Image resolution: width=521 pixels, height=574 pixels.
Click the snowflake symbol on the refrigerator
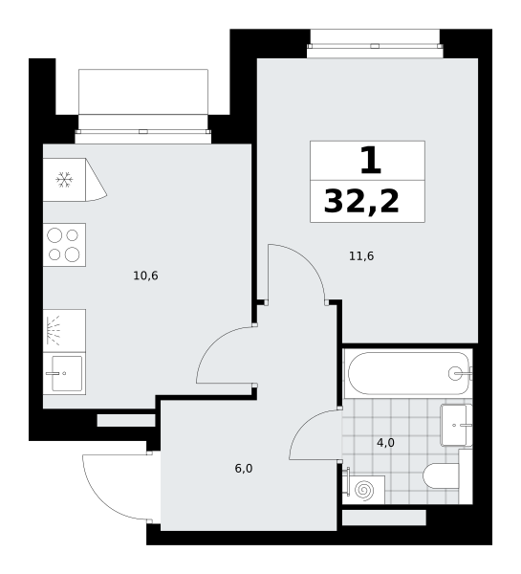click(x=64, y=180)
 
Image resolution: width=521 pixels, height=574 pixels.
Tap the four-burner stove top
click(x=64, y=245)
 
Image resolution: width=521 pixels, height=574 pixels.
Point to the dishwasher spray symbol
click(x=54, y=331)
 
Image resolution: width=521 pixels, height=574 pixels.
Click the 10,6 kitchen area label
click(x=145, y=276)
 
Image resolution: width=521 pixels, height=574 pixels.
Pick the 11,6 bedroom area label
click(x=361, y=256)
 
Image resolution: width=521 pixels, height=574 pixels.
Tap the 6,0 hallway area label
click(x=244, y=469)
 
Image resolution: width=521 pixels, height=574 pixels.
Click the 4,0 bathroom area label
click(x=385, y=443)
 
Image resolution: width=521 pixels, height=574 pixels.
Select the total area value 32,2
click(x=361, y=202)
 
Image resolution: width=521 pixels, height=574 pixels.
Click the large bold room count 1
click(x=371, y=161)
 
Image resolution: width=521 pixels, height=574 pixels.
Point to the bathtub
click(x=408, y=373)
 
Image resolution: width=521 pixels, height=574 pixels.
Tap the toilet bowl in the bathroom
click(x=442, y=475)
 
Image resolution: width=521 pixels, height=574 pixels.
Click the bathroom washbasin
click(x=456, y=425)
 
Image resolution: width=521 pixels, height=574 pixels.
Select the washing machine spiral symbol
click(x=364, y=491)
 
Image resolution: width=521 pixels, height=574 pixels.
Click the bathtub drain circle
click(x=455, y=373)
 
